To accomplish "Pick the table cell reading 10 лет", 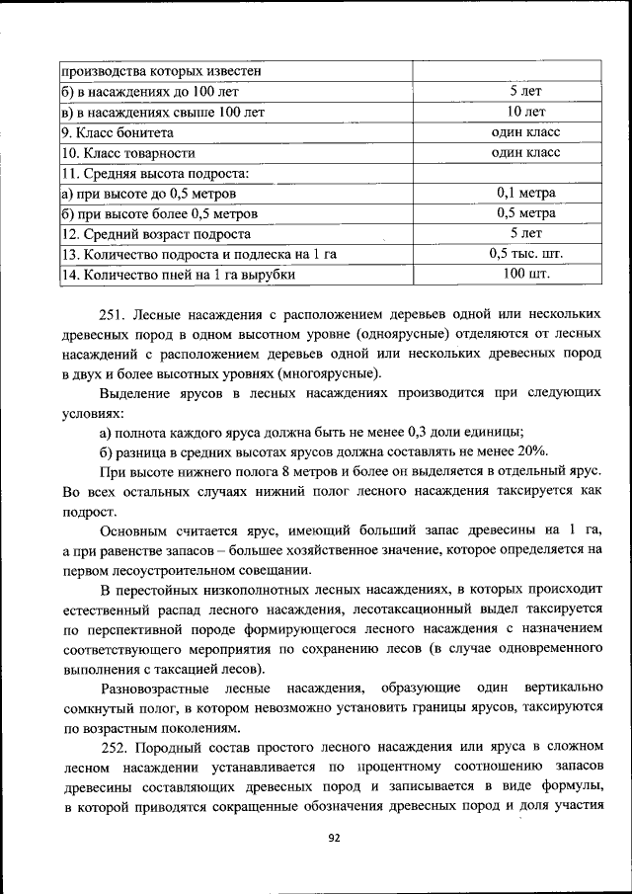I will [x=526, y=112].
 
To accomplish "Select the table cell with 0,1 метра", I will [x=526, y=193].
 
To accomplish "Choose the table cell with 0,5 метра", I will [x=526, y=213].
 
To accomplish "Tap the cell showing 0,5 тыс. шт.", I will [x=526, y=254].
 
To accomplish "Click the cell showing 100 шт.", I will [x=526, y=275].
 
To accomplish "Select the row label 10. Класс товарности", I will [x=127, y=153].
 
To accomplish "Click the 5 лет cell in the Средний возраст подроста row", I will [x=526, y=234].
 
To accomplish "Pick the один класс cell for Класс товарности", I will [x=526, y=152].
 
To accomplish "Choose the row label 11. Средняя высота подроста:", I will [x=155, y=173].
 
